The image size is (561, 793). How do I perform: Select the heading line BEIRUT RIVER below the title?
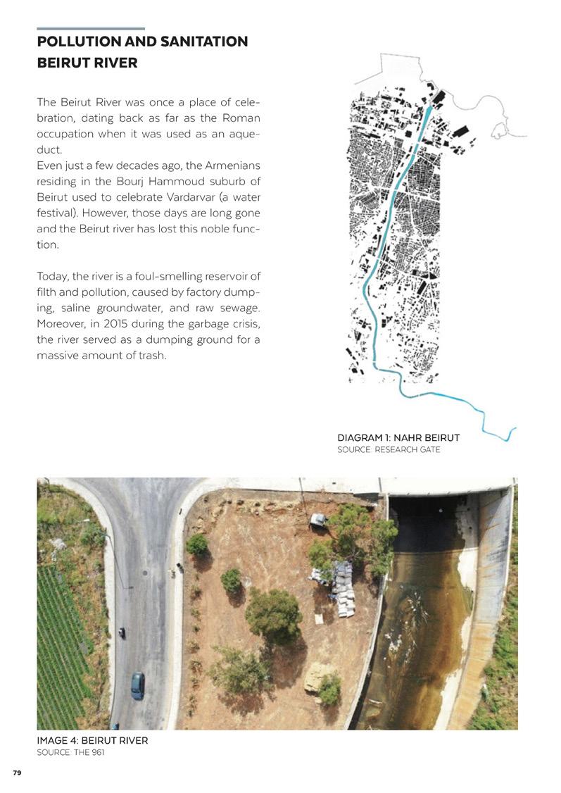point(87,63)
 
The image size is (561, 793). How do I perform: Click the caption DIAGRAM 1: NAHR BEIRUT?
point(398,438)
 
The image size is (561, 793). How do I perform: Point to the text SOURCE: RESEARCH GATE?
point(389,449)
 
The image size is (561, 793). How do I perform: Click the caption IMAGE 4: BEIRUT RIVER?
point(92,741)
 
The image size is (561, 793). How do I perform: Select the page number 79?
point(17,773)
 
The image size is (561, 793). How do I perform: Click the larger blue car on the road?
point(137,685)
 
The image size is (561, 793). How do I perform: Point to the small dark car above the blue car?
point(122,632)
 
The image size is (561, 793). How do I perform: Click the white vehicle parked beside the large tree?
point(318,520)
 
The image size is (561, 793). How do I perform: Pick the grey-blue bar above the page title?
point(91,29)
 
